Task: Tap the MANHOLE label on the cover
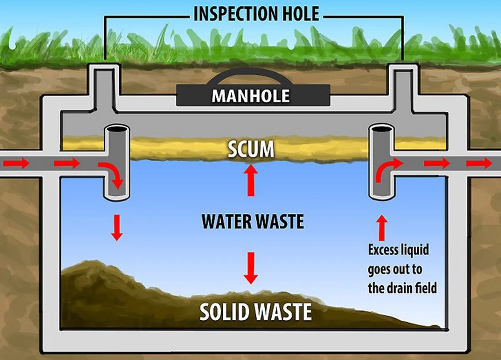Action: click(x=250, y=96)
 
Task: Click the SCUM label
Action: click(x=251, y=150)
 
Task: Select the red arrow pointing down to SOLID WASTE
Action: click(x=251, y=267)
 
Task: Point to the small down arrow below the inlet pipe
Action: click(x=117, y=227)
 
